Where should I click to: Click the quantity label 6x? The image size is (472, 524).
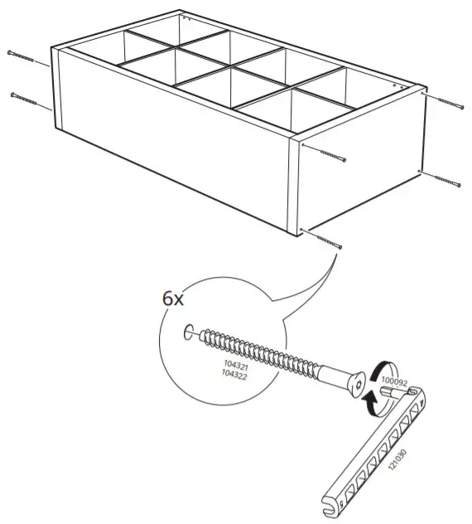pos(172,298)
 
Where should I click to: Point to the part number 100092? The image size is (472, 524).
pos(395,384)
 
